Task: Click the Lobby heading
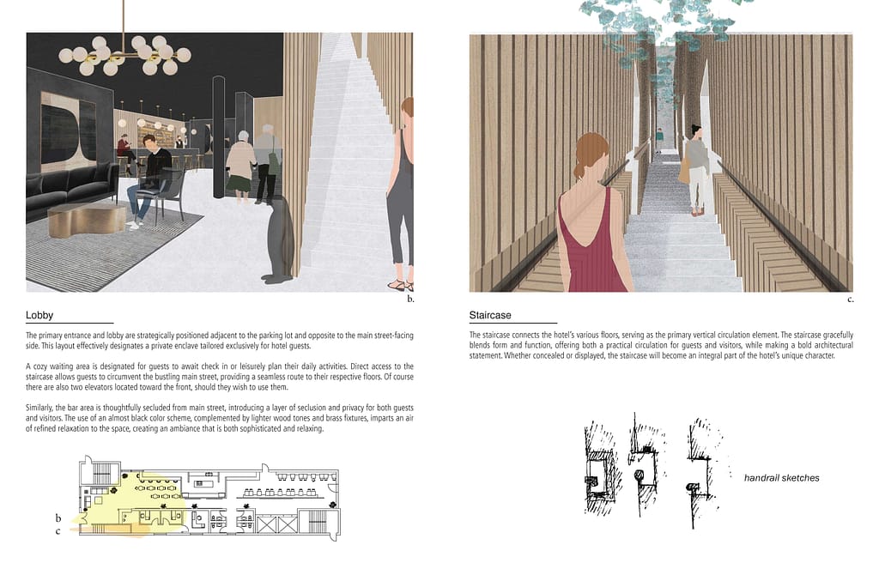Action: pos(39,315)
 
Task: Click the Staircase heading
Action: pos(490,315)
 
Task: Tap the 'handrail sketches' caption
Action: pos(781,478)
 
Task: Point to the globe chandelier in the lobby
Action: pos(124,55)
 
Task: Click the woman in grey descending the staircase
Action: pos(696,170)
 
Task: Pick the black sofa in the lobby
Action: pos(67,187)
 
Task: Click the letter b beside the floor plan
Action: pos(58,518)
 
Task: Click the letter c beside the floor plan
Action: pos(58,531)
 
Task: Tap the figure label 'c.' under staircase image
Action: pos(851,300)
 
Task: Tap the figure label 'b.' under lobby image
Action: pos(410,300)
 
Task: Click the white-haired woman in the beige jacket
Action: pos(242,166)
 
